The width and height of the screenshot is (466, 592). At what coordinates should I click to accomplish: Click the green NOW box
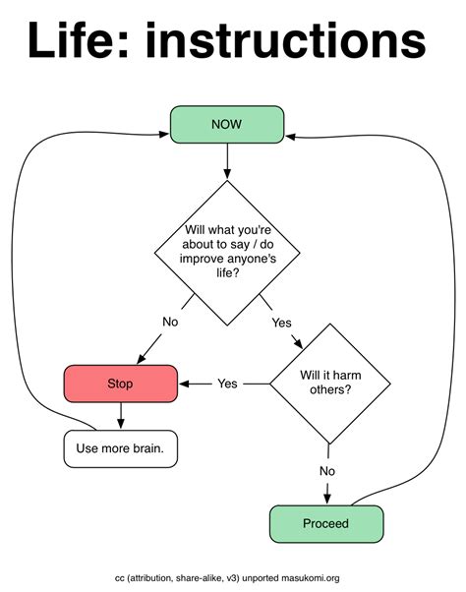coord(227,124)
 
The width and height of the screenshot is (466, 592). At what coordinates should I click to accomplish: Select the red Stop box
coord(120,384)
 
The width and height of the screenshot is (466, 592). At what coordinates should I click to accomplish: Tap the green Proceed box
coord(325,523)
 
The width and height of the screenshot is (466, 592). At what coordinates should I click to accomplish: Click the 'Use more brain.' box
coord(120,448)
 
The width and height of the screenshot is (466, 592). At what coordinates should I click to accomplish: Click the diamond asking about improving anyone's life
coord(227,253)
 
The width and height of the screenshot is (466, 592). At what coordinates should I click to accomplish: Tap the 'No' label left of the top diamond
coord(170,322)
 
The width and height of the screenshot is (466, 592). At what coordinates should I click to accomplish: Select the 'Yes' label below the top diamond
coord(281,323)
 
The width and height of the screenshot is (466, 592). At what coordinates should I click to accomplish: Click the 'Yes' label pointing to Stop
coord(228,383)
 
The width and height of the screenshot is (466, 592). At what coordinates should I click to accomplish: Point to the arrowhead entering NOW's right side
coord(291,136)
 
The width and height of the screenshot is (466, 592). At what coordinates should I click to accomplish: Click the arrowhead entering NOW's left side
coord(163,136)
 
